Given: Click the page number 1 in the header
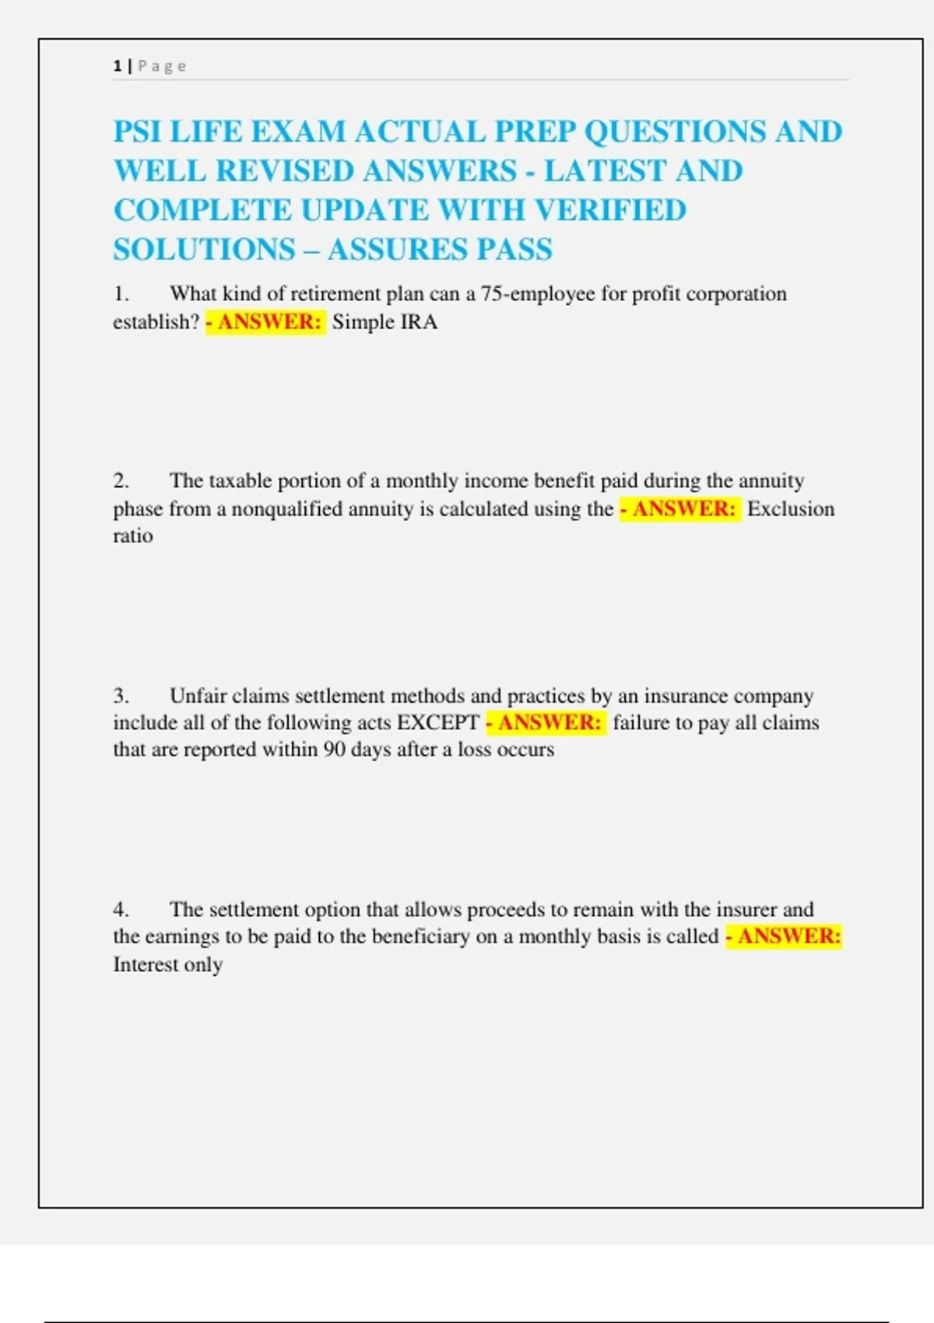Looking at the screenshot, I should [118, 66].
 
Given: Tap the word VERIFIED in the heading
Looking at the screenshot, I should [610, 210].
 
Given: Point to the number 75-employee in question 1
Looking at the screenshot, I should [537, 294].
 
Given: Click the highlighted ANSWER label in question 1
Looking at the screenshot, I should [265, 322].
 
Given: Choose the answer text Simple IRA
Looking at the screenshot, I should [384, 322].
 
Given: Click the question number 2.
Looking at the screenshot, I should [121, 481].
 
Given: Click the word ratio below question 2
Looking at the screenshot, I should [133, 536].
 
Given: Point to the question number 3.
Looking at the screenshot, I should [121, 696].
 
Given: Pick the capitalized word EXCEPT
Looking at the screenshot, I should [437, 723].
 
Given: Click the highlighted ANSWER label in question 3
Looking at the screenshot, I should [546, 723].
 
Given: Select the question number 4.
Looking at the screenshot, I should [121, 910].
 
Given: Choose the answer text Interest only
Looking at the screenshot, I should [168, 965].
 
